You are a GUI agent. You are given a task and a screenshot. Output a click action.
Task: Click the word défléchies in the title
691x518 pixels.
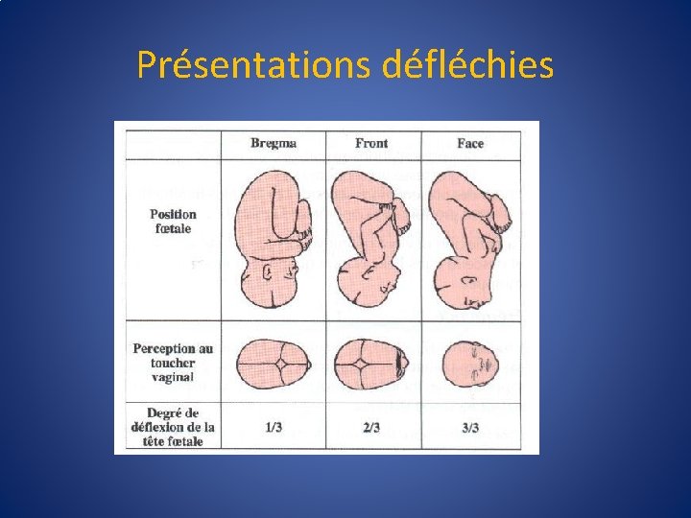coord(467,65)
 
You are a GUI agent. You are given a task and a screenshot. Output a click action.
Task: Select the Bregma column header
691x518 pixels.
coord(274,143)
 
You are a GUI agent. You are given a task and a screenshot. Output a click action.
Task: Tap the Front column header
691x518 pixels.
coord(371,143)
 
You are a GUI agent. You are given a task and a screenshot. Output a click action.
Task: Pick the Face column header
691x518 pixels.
coord(470,143)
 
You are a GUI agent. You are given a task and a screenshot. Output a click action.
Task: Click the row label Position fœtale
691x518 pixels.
coord(174,222)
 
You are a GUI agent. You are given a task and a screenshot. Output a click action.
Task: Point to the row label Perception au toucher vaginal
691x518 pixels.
coord(173,363)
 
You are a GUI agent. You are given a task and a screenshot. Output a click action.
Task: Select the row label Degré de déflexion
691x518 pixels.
coord(174,426)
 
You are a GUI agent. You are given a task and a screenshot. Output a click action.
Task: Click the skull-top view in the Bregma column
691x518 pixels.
coord(274,363)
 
